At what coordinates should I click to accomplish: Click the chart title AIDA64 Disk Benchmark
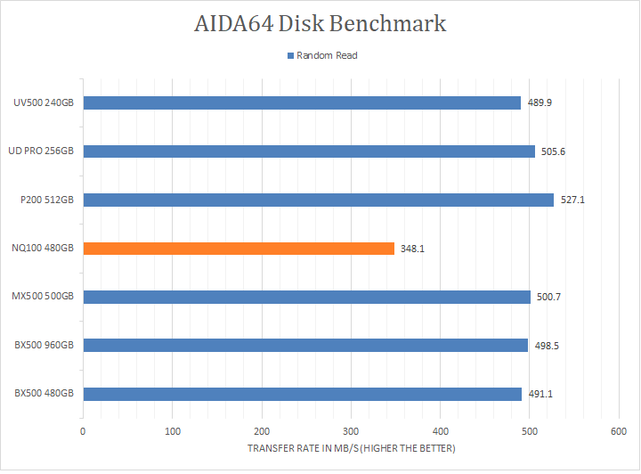point(320,24)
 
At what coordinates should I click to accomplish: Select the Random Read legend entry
point(321,55)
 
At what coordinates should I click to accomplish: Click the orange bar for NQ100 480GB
point(239,248)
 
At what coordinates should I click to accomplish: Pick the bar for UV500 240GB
point(302,102)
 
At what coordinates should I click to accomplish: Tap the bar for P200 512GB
point(318,200)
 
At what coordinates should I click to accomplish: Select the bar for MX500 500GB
point(306,297)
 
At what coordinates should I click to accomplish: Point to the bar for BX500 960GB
point(305,345)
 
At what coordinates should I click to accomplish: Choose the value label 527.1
point(572,200)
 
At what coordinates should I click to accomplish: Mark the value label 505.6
point(554,151)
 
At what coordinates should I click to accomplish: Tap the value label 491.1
point(540,394)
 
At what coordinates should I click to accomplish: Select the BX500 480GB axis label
point(44,394)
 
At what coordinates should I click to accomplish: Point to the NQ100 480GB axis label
point(44,249)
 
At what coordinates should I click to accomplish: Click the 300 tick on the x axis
point(351,431)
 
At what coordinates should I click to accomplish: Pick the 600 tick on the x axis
point(618,431)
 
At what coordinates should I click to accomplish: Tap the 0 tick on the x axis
point(83,431)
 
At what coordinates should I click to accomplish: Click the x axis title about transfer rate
point(351,448)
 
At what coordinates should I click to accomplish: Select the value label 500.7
point(549,297)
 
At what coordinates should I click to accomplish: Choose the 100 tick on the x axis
point(172,431)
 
